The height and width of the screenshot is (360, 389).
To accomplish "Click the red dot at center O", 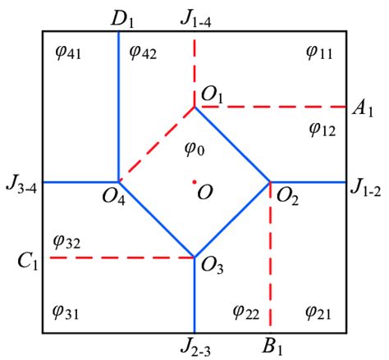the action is point(194,182).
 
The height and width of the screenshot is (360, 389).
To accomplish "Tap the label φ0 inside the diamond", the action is point(194,148).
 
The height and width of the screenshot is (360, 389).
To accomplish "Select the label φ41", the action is point(68,52).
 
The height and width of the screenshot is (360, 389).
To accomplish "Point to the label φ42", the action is point(143,52).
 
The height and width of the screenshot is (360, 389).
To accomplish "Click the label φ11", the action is point(319,52).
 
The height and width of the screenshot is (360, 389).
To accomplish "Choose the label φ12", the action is point(323,129).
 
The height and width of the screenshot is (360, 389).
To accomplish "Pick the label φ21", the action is point(318,312).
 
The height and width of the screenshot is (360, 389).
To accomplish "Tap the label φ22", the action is point(245,312).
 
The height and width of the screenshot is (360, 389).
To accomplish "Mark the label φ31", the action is point(66,312).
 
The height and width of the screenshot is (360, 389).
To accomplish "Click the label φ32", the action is point(67,242).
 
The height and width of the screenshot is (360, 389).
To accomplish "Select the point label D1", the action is point(122,20).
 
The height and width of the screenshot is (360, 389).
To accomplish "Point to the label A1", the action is point(363,109).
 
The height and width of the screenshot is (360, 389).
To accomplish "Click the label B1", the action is point(272,347).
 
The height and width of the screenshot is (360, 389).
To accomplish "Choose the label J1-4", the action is point(195,20).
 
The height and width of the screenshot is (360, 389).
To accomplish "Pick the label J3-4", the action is point(21,185).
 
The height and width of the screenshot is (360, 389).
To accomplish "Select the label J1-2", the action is point(366,188).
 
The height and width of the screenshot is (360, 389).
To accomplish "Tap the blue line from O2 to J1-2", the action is point(309,182).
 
